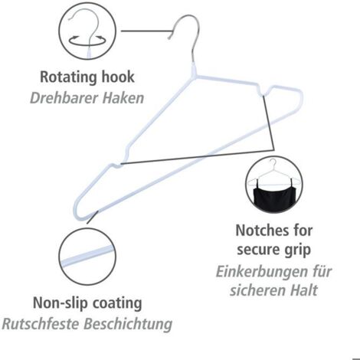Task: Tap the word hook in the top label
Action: tap(118, 77)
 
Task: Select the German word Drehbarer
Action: tap(64, 98)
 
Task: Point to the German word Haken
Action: tap(123, 98)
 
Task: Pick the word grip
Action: tap(297, 250)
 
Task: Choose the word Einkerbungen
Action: tap(261, 271)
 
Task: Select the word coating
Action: tap(117, 304)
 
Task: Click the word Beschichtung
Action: tap(128, 325)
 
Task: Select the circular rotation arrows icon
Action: tap(87, 41)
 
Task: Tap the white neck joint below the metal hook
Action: tap(194, 70)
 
